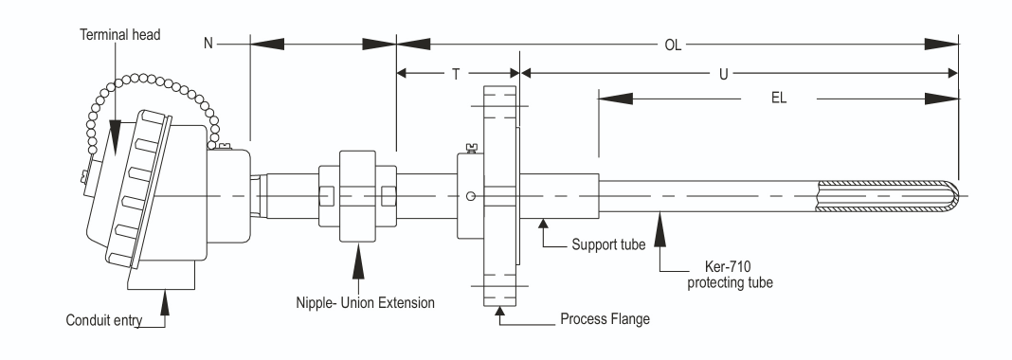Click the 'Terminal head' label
click(x=120, y=35)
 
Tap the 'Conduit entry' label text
click(x=104, y=320)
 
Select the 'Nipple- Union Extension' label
click(x=366, y=302)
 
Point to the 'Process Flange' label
click(x=605, y=318)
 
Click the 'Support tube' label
click(x=608, y=244)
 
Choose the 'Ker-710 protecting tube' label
click(x=730, y=274)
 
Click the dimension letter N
click(x=208, y=44)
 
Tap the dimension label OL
click(x=673, y=45)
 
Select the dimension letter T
click(x=456, y=74)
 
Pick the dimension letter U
click(x=724, y=74)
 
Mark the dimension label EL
click(x=779, y=99)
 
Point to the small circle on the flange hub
click(x=471, y=196)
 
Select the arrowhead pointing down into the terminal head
click(x=115, y=138)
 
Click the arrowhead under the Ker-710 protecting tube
click(x=660, y=231)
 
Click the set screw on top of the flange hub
click(x=471, y=149)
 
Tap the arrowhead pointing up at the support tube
click(x=544, y=224)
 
